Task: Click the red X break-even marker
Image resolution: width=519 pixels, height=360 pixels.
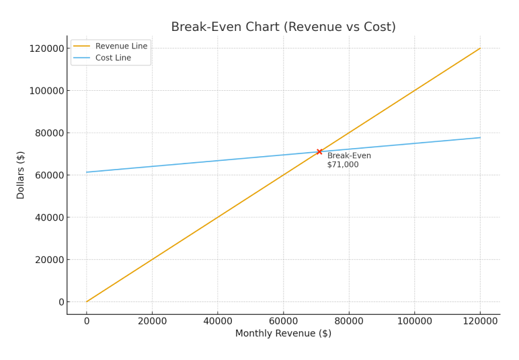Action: point(319,151)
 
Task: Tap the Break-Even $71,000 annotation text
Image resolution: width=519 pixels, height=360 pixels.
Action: point(348,160)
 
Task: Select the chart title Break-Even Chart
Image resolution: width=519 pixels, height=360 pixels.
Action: point(283,27)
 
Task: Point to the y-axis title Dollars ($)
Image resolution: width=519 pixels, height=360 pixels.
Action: point(21,175)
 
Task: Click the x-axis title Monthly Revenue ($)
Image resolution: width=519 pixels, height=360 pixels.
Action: point(283,334)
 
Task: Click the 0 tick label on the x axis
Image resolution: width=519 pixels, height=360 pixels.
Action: point(86,321)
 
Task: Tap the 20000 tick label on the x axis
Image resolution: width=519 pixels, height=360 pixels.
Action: point(152,321)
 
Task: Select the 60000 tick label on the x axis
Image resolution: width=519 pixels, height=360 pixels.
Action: point(283,321)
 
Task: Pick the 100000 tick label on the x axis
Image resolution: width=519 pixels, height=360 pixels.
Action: point(414,321)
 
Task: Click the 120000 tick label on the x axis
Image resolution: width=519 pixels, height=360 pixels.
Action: point(480,321)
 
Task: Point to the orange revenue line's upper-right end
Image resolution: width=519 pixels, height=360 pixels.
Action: point(480,48)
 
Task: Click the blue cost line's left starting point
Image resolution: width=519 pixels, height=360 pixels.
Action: point(87,172)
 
